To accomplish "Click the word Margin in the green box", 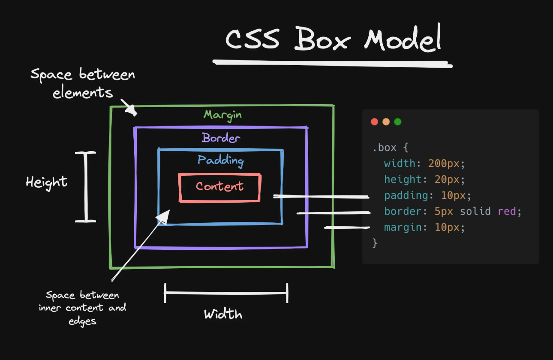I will click(222, 115).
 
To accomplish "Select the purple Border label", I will click(221, 138).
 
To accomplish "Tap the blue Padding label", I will click(220, 161).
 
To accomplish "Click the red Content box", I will click(219, 187).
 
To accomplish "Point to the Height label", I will click(47, 182).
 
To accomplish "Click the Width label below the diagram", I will click(223, 314).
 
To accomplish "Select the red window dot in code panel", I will click(374, 122).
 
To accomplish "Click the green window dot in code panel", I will click(397, 122).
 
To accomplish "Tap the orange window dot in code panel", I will click(386, 122).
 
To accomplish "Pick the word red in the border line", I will click(507, 211).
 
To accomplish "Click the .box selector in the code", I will click(385, 148).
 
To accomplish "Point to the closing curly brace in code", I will click(375, 243).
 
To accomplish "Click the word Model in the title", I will click(403, 40).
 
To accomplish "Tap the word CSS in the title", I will click(252, 40).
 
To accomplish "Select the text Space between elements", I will click(83, 83).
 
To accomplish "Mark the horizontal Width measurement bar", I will click(226, 293).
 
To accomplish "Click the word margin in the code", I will click(403, 227).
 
